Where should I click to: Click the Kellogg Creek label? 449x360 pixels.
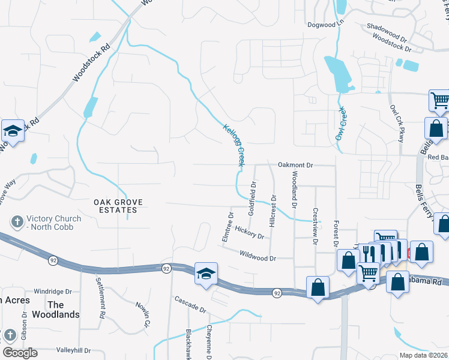click(234, 145)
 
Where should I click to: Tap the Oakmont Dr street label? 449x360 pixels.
click(295, 164)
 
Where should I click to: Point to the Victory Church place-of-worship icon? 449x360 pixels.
click(17, 222)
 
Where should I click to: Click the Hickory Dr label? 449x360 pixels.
click(250, 232)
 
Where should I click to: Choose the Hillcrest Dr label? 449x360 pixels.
click(273, 210)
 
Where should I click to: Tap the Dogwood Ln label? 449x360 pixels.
click(324, 24)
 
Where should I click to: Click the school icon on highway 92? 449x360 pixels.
click(205, 274)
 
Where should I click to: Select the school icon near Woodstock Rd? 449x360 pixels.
click(12, 130)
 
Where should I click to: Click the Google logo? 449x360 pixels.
click(20, 353)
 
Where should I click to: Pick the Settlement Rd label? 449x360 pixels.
click(101, 297)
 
